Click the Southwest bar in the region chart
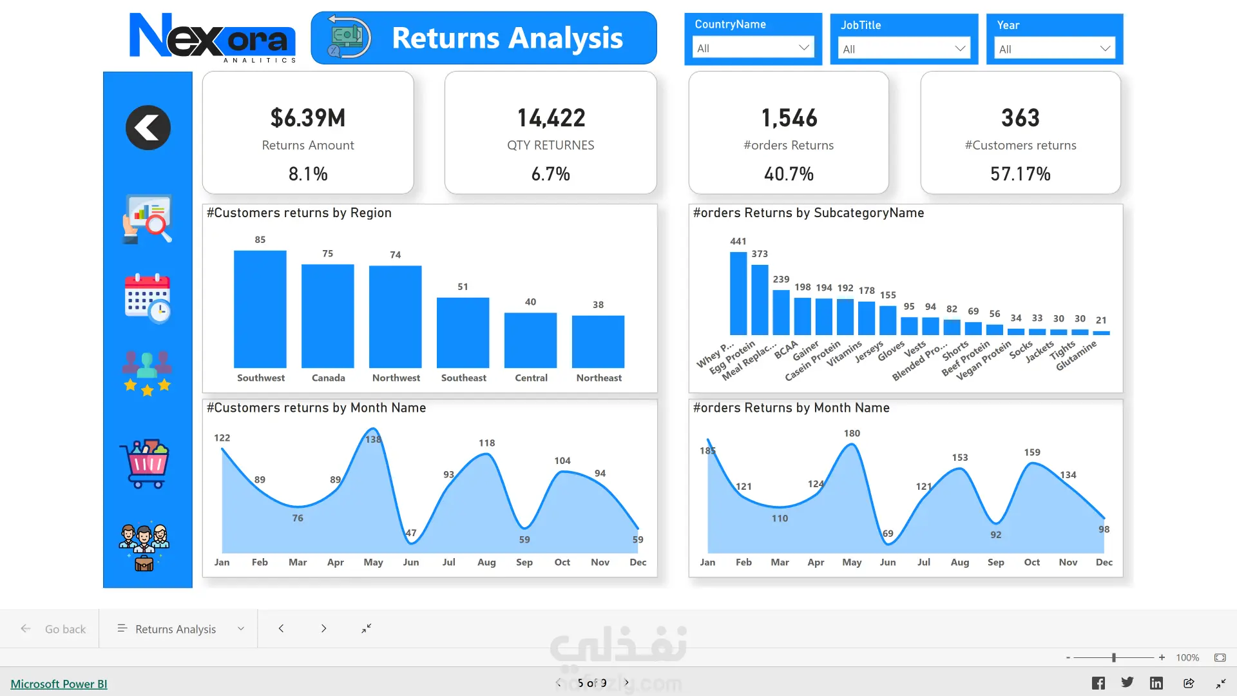click(260, 309)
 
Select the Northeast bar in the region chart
click(598, 342)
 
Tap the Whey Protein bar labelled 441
click(738, 293)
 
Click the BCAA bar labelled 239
click(781, 313)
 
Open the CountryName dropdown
click(753, 48)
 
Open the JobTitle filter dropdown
click(904, 49)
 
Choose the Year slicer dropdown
click(1054, 49)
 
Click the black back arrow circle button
click(148, 128)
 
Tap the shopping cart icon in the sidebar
click(146, 464)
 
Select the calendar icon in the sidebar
click(147, 298)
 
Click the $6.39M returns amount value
click(308, 118)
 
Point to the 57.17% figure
click(1021, 174)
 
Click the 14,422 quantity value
click(551, 118)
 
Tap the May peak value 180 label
click(852, 433)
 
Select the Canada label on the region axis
click(328, 378)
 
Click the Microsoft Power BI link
click(59, 684)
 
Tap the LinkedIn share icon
click(1156, 683)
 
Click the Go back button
click(53, 629)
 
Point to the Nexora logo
click(213, 37)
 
